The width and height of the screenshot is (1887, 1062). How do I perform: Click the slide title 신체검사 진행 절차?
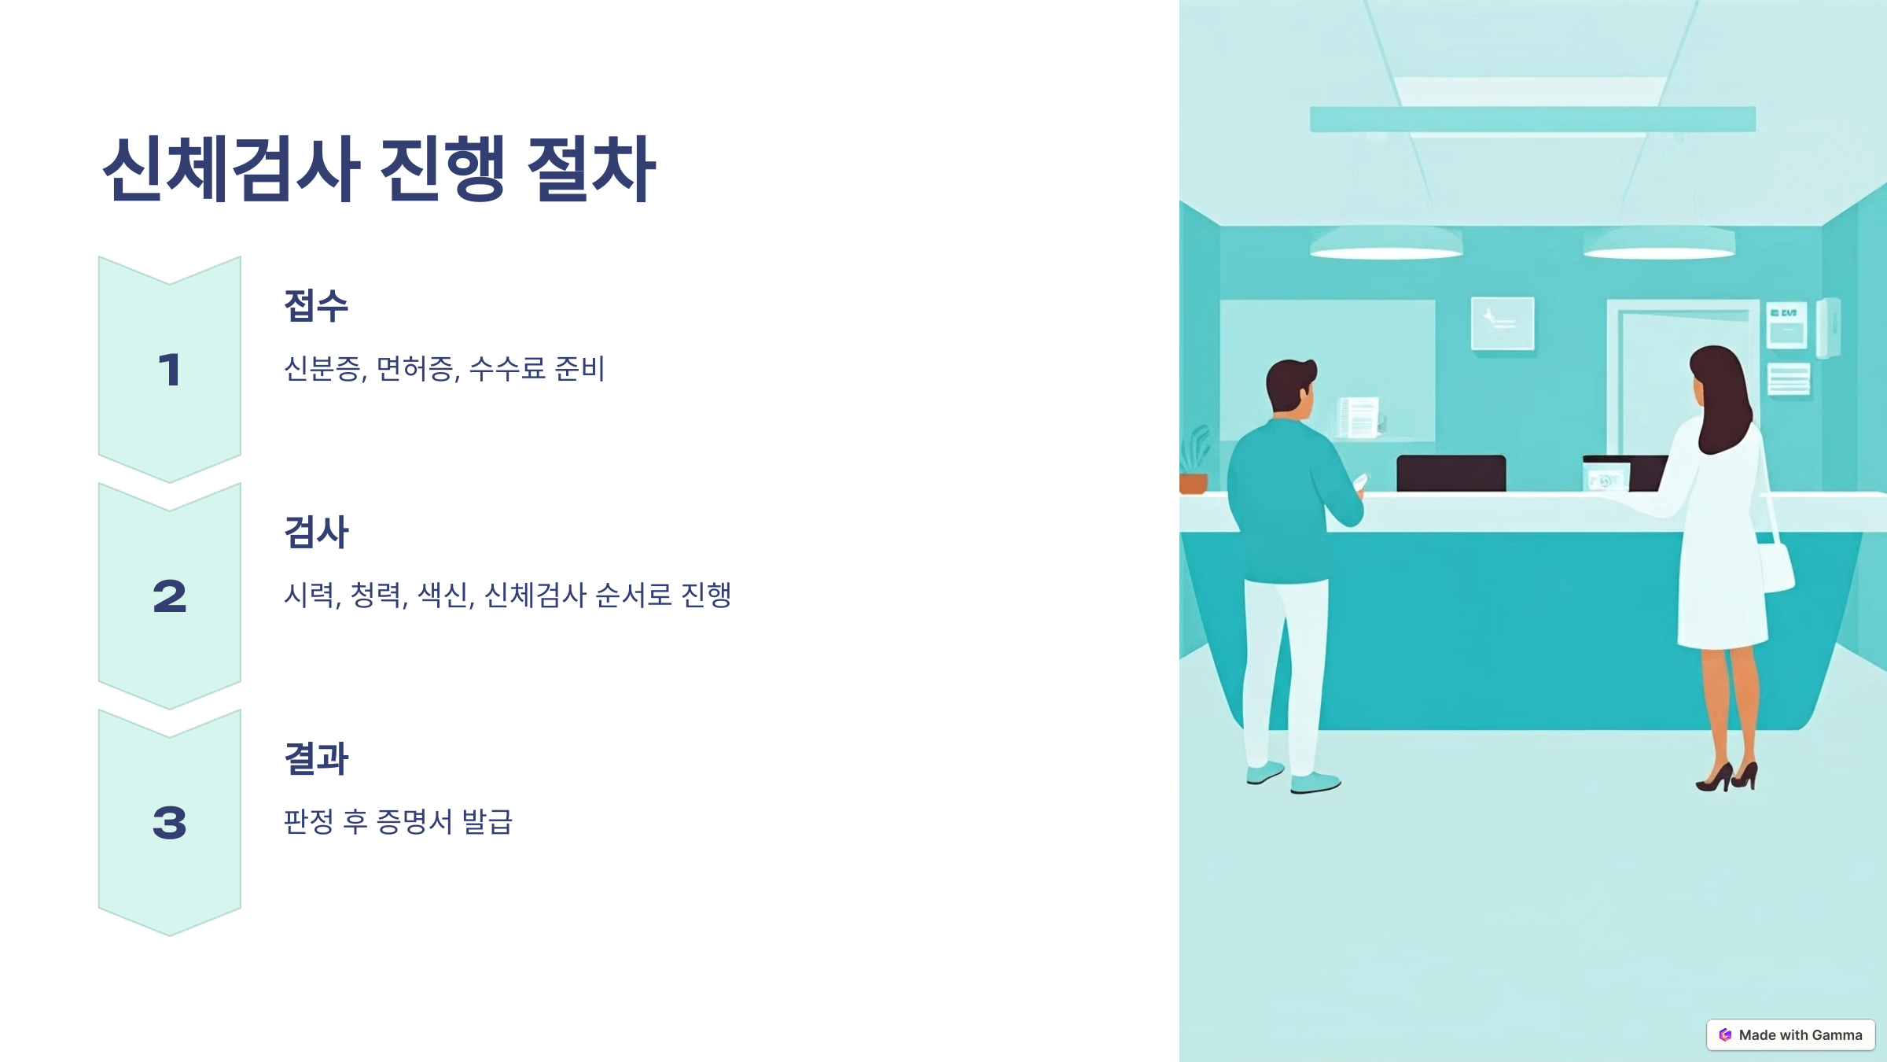coord(379,169)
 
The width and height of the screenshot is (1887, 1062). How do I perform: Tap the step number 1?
coord(170,370)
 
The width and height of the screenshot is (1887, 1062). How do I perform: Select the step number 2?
coord(170,596)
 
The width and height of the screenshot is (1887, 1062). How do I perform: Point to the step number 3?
coord(170,823)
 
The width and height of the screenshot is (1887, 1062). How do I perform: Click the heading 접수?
coord(316,305)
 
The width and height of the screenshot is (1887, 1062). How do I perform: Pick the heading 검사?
coord(316,532)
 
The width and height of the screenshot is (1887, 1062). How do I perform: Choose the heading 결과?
coord(316,758)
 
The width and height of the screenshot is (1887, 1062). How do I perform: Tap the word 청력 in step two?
coord(378,595)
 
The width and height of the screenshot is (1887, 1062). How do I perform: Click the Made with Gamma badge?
coord(1790,1034)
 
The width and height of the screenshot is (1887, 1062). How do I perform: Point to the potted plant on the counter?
coord(1194,464)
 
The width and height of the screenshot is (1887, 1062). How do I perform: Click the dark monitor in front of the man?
coord(1451,474)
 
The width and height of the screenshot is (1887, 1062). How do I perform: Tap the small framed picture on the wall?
coord(1503,323)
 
